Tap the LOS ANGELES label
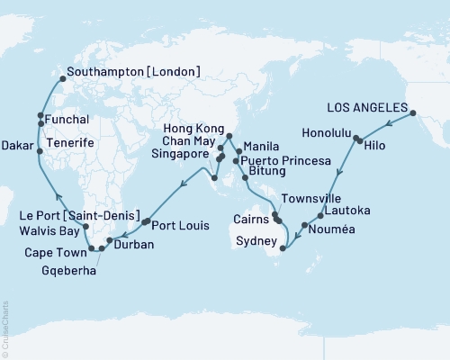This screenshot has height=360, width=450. [x=370, y=100]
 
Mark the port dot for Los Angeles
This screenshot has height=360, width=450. [x=415, y=112]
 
